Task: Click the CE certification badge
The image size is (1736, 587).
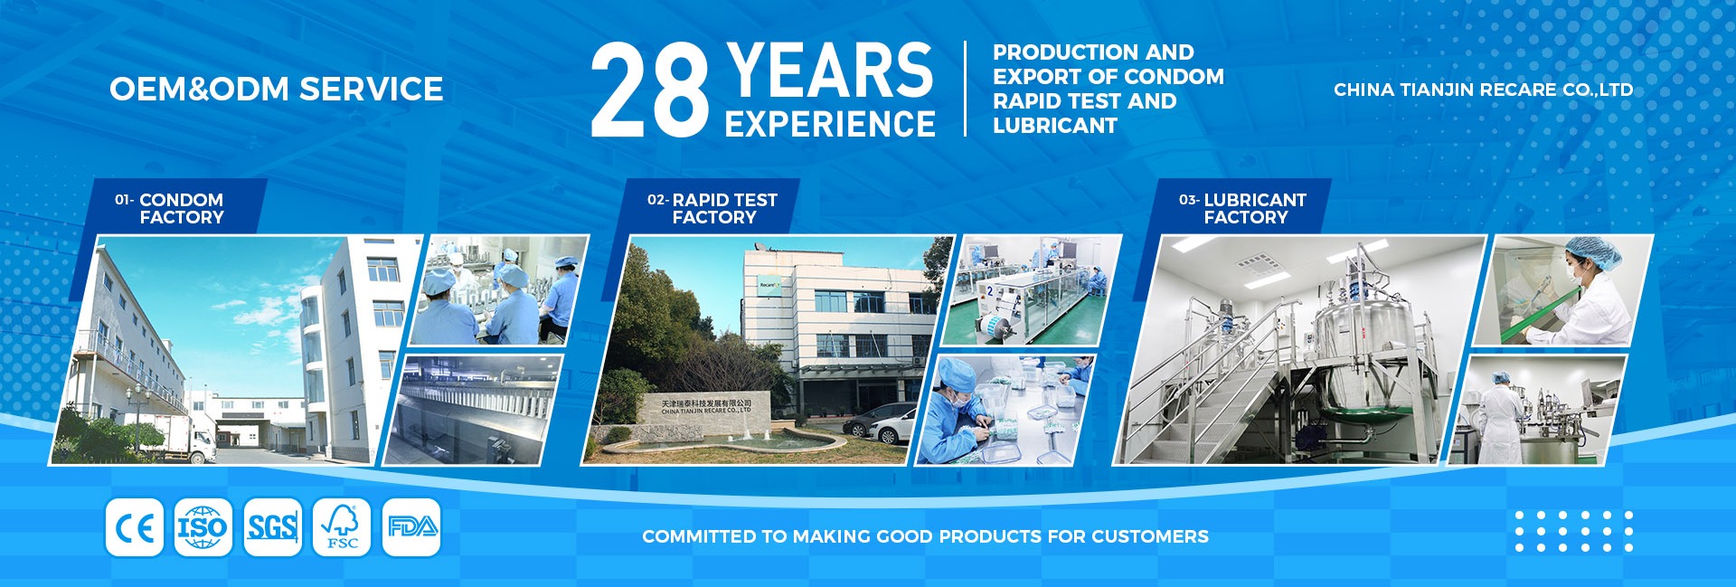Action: [x=135, y=527]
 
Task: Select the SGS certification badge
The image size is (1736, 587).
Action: [x=272, y=527]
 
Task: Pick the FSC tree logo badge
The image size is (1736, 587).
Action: [x=342, y=527]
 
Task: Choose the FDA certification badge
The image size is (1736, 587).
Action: [x=411, y=527]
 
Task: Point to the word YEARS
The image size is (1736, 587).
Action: [x=829, y=70]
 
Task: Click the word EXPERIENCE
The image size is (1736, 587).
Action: [x=830, y=124]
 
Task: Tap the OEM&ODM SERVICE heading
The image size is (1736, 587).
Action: [x=277, y=89]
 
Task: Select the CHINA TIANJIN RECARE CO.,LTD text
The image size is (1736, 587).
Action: [x=1484, y=90]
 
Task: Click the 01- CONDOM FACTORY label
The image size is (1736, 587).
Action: [x=170, y=208]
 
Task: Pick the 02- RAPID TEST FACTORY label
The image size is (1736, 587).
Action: [x=712, y=208]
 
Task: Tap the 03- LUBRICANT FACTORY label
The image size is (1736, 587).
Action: [x=1243, y=208]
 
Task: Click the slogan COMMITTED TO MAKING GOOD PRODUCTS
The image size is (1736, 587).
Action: [x=925, y=536]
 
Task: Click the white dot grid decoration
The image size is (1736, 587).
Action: [x=1574, y=531]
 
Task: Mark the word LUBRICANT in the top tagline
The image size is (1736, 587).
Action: [x=1055, y=126]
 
